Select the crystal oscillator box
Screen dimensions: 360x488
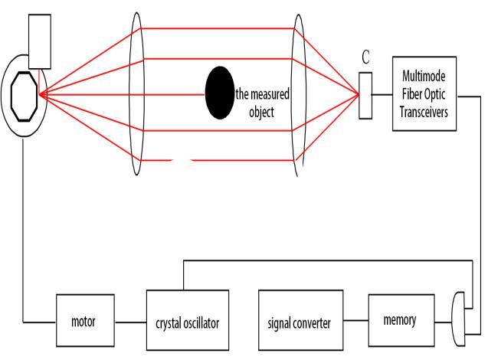[188, 322]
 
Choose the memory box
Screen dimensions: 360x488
[400, 319]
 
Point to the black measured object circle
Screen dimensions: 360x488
[219, 93]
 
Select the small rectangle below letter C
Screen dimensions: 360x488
[365, 95]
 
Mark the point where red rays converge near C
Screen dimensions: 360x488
[358, 94]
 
